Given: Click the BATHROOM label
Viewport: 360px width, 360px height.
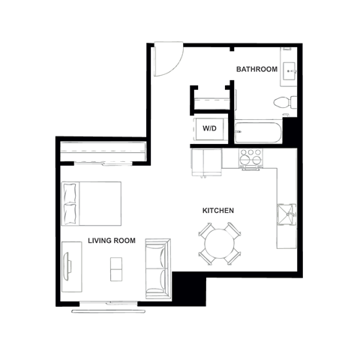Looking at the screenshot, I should pos(256,69).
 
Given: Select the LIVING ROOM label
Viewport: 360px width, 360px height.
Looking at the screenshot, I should pos(111,241).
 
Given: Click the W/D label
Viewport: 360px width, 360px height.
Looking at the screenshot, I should pos(209,128).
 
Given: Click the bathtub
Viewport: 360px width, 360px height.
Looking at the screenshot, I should pos(258,133).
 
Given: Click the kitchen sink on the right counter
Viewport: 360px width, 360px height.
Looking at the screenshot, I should pos(288,214).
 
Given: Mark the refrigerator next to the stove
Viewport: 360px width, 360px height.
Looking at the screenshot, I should pos(207,163).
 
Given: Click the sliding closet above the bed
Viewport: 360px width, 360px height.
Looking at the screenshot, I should pos(103,153).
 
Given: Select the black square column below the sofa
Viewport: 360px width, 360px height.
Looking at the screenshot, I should pos(190,287).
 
